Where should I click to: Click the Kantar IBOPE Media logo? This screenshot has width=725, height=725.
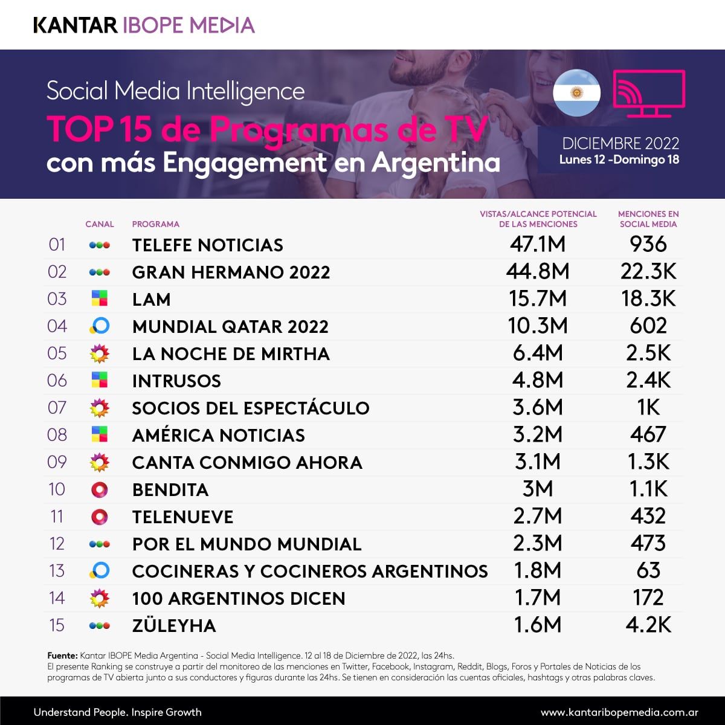[144, 25]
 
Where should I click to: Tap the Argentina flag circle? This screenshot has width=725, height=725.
[576, 94]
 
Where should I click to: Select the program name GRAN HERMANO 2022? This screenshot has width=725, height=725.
[231, 272]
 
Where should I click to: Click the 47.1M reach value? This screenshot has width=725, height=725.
[537, 244]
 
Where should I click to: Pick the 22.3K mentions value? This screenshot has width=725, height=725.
[648, 272]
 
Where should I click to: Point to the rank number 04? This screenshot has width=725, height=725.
[57, 326]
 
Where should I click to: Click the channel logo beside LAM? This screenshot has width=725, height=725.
[99, 298]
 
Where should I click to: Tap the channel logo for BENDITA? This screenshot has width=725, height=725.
[99, 489]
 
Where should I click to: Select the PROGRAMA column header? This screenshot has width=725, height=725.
[155, 224]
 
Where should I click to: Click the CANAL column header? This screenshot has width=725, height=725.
[100, 224]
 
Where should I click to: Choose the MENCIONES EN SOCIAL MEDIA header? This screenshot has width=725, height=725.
[648, 219]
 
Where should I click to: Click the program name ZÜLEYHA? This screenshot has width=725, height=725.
[174, 625]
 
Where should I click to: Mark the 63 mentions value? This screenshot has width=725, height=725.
[648, 570]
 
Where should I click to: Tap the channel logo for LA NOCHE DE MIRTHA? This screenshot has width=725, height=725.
[99, 353]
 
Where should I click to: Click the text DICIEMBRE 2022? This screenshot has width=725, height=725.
[620, 144]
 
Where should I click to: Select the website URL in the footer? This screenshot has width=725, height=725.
[619, 712]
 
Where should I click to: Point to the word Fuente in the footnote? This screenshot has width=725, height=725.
[62, 656]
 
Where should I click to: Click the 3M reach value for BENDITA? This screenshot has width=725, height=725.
[537, 489]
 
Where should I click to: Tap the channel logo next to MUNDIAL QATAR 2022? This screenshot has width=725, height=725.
[100, 326]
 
